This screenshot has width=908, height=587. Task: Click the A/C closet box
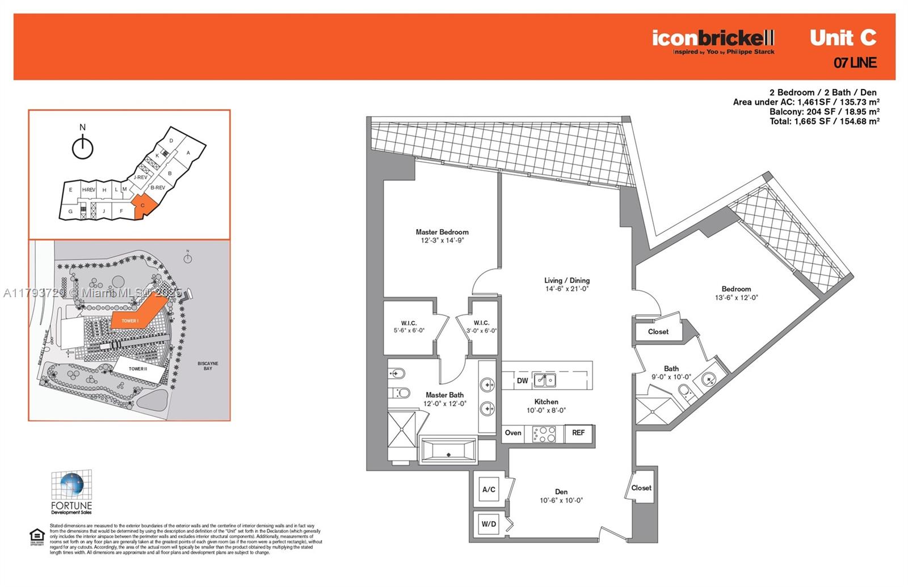[489, 489]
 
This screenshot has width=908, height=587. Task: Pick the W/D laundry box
[489, 524]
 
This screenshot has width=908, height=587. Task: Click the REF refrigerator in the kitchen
[578, 433]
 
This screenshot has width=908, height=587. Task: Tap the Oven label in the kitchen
[513, 433]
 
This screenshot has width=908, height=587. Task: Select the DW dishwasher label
[522, 381]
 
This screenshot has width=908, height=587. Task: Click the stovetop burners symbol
[544, 434]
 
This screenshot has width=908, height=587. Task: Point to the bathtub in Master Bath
[448, 452]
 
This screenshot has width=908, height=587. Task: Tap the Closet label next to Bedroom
[658, 332]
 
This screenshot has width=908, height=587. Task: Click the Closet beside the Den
[641, 488]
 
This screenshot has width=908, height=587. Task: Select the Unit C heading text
[843, 37]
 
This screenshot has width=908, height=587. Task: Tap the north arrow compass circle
[83, 149]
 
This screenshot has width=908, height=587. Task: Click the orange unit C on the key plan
[142, 207]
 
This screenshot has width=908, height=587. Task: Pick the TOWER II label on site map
[137, 369]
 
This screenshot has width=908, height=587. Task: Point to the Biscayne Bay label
[208, 366]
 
